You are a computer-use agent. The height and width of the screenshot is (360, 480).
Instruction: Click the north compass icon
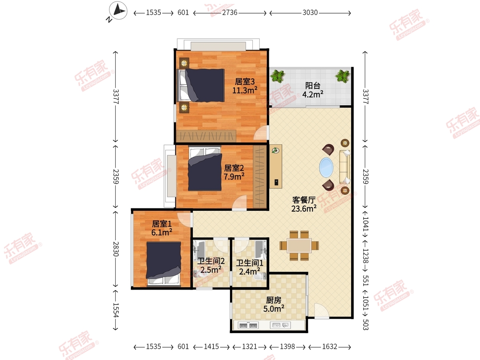[x=118, y=10]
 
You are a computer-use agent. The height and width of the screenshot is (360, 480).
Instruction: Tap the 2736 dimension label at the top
[x=230, y=13]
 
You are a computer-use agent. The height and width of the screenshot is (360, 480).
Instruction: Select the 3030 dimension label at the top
[x=310, y=13]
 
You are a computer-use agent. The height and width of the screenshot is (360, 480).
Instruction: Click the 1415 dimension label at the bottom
[x=211, y=346]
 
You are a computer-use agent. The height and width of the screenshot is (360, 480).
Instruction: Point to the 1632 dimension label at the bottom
[x=330, y=346]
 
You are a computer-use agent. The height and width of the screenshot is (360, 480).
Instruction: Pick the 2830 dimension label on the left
[x=116, y=249]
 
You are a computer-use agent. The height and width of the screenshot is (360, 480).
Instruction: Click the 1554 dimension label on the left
[x=116, y=310]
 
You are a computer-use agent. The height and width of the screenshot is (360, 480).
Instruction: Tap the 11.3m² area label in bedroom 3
[x=245, y=90]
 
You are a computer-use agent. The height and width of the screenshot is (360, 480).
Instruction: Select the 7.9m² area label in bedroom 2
[x=234, y=176]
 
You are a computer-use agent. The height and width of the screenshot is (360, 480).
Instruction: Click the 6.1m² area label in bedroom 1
[x=162, y=232]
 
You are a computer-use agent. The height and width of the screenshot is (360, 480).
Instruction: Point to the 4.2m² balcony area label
[x=313, y=94]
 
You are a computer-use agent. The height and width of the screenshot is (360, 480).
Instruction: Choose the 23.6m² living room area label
[x=304, y=208]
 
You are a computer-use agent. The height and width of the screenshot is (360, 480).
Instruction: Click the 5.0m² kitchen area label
[x=274, y=309]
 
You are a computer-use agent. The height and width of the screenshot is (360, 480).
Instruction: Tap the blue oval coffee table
[x=326, y=167]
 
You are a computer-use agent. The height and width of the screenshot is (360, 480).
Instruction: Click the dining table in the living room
[x=299, y=246]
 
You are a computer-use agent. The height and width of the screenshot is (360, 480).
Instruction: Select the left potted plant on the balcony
[x=278, y=76]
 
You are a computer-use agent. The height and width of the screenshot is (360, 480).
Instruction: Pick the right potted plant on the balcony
[x=343, y=76]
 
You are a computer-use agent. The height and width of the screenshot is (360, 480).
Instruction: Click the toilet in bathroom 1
[x=260, y=276]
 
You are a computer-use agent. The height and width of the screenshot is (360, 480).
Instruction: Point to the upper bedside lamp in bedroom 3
[x=184, y=63]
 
